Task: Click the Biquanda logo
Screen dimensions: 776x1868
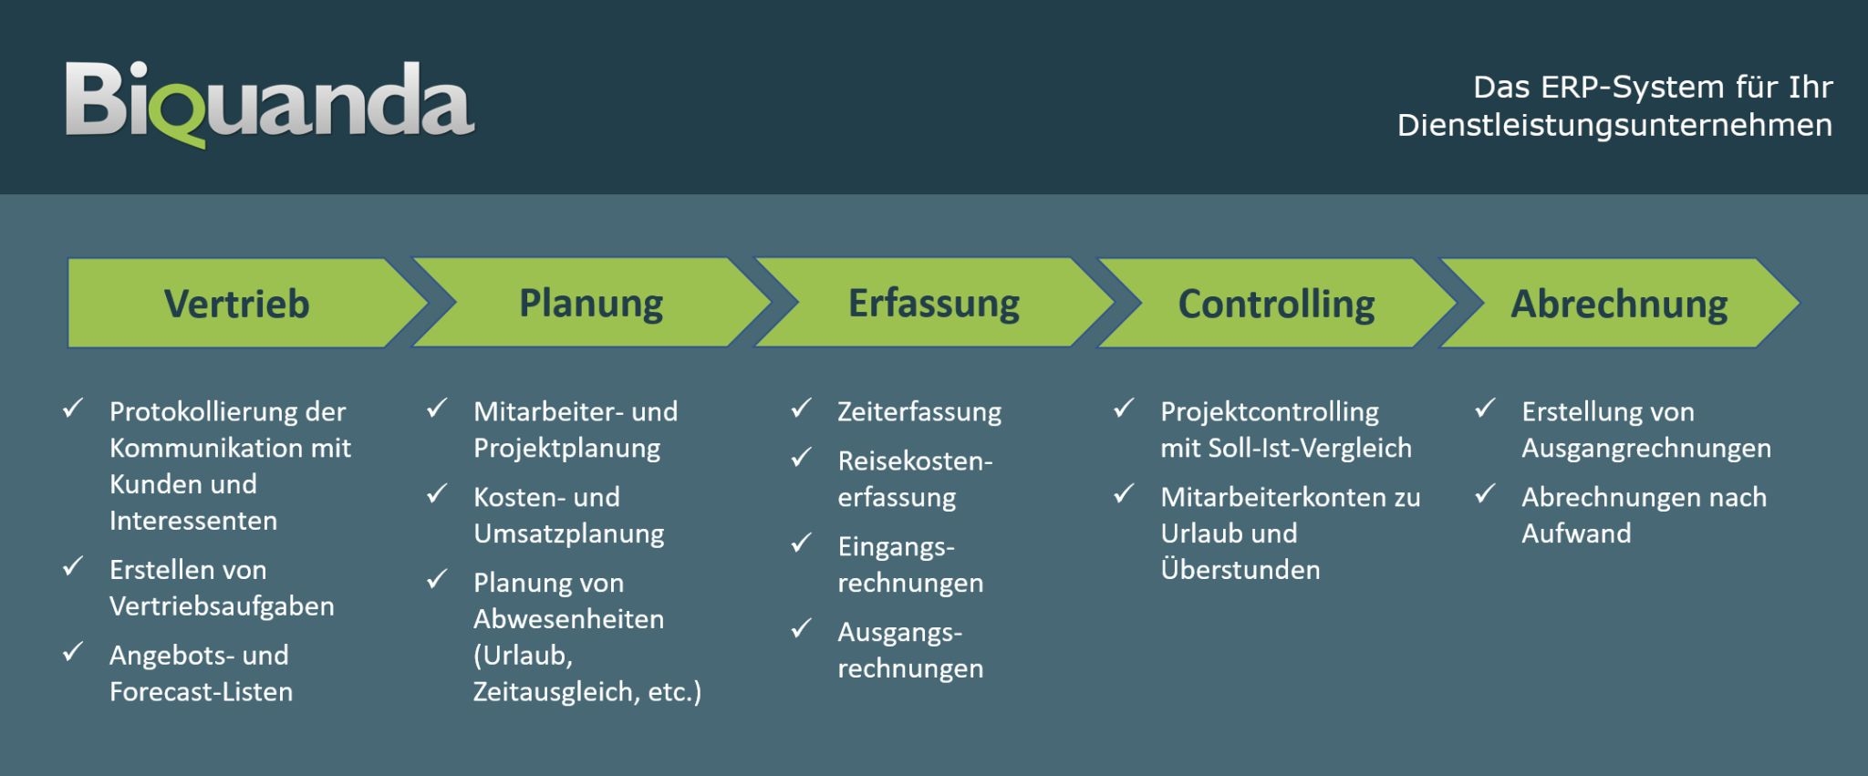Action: click(x=270, y=101)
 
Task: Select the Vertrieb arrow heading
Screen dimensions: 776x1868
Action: click(x=236, y=304)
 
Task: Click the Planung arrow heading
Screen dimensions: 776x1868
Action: click(x=591, y=303)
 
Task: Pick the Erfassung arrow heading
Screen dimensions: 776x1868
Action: click(x=934, y=303)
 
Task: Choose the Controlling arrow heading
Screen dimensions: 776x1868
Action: click(x=1276, y=304)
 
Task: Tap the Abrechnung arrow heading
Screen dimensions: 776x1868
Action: click(x=1619, y=304)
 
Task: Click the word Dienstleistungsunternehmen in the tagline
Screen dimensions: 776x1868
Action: click(x=1614, y=125)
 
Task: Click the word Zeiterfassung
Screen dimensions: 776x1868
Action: click(x=919, y=412)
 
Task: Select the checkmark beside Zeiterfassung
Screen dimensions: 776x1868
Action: click(x=801, y=409)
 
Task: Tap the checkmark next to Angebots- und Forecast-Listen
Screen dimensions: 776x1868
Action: click(x=73, y=652)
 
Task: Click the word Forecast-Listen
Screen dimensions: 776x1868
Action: click(x=201, y=692)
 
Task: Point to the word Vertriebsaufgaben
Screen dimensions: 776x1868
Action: click(x=222, y=606)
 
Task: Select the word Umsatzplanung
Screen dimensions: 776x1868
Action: click(x=568, y=533)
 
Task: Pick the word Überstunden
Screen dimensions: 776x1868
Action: click(x=1240, y=570)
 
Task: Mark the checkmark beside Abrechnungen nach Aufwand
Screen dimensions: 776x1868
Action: click(x=1485, y=494)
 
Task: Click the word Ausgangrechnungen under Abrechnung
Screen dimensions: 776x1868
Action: click(x=1646, y=449)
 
